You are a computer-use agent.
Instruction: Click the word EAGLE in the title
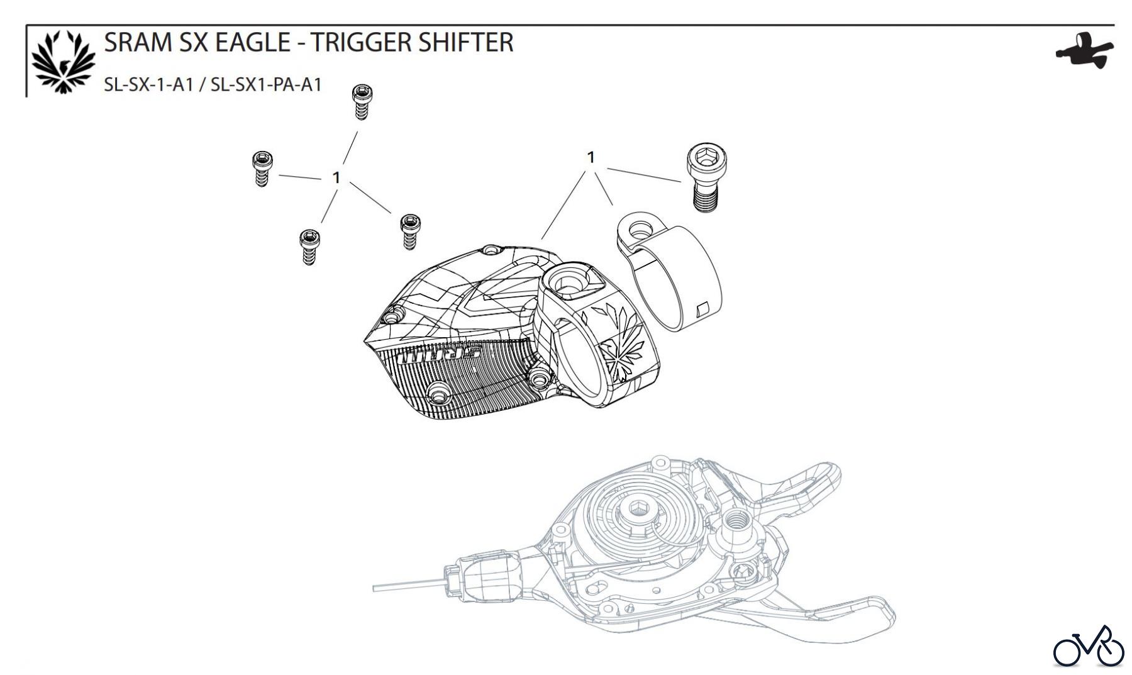tap(253, 42)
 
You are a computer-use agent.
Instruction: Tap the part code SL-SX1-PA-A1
tap(266, 84)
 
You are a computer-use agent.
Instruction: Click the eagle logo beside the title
tap(64, 62)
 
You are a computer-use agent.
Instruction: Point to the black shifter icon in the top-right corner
tap(1084, 50)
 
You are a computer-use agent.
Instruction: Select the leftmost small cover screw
tap(261, 169)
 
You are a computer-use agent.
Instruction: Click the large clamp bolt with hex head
tap(707, 176)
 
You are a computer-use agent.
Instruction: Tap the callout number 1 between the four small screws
tap(336, 178)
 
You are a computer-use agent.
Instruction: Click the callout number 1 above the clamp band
tap(591, 157)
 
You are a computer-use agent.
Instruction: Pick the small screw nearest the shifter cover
tap(410, 231)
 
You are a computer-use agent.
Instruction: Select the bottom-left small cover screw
tap(309, 246)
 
